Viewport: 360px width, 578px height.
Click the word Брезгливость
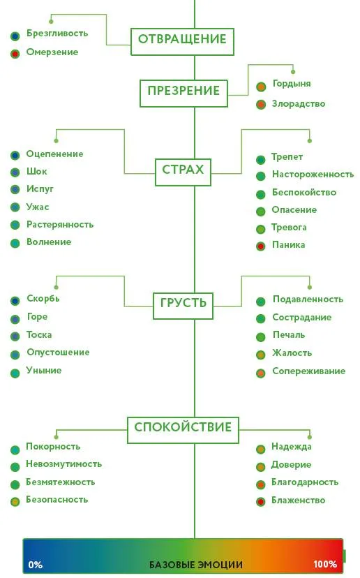[x=57, y=34]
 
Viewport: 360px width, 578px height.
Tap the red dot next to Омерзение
[x=15, y=54]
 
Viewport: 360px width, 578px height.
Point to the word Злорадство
[x=299, y=104]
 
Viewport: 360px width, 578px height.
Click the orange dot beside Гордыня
[x=261, y=87]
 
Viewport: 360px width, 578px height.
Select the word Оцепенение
[x=54, y=154]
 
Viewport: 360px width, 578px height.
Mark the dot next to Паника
[x=261, y=246]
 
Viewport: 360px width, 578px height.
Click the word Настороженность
[x=313, y=174]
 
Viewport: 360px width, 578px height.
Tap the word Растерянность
[x=60, y=225]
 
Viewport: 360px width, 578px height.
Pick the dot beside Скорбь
[x=15, y=301]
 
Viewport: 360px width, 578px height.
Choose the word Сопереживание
[x=309, y=371]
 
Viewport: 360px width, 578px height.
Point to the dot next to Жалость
[x=261, y=355]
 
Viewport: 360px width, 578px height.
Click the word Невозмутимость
[x=63, y=464]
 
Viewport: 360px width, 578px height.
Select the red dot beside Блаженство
[x=261, y=502]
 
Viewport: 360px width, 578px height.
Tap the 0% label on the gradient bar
[x=36, y=565]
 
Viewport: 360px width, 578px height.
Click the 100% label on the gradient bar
[x=325, y=564]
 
